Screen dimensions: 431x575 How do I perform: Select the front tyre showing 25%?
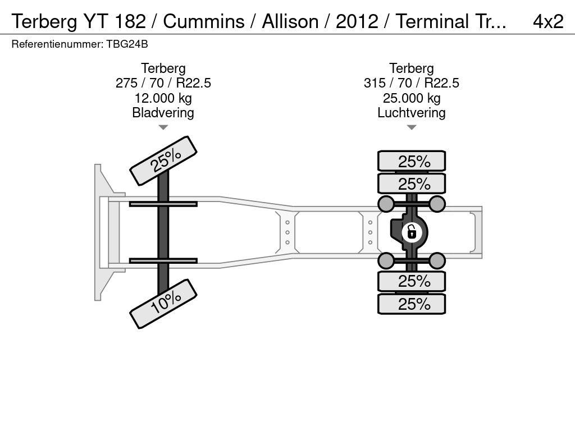163,161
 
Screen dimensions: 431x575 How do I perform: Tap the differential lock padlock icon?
411,231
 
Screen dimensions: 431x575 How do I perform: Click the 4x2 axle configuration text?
547,21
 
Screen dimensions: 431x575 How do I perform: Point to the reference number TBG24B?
127,44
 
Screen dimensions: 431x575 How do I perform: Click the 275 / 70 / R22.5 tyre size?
163,83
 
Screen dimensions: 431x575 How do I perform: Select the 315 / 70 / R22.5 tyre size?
412,83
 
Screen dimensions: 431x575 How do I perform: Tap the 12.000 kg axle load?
163,98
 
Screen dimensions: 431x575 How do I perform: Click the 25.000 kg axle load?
412,98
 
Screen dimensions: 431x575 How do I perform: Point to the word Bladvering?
163,113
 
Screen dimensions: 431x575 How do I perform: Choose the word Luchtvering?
412,113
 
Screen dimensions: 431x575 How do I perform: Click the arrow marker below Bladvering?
163,127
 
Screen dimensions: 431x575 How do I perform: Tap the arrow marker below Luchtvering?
412,127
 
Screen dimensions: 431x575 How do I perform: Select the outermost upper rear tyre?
412,161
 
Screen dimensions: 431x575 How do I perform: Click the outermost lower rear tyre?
412,304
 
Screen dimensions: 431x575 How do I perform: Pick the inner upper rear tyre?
412,184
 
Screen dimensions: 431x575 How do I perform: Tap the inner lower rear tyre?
412,281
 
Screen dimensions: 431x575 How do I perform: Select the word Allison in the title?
292,21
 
